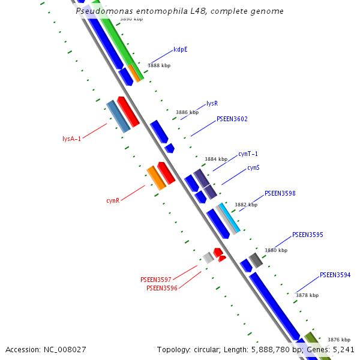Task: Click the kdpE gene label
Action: [181, 50]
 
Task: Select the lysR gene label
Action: [212, 103]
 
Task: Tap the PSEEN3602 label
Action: [232, 119]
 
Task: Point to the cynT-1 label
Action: [248, 154]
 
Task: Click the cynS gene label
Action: [253, 167]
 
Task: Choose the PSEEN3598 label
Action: [280, 194]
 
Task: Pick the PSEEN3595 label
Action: [307, 235]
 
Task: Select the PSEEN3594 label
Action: [335, 275]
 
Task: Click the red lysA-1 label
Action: [71, 139]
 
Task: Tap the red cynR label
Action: [113, 200]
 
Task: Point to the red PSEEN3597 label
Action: [155, 280]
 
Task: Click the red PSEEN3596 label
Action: [161, 288]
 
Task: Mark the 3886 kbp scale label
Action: [187, 112]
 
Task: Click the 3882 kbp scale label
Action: [245, 205]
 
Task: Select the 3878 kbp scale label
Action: [307, 295]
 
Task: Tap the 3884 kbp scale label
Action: [216, 159]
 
